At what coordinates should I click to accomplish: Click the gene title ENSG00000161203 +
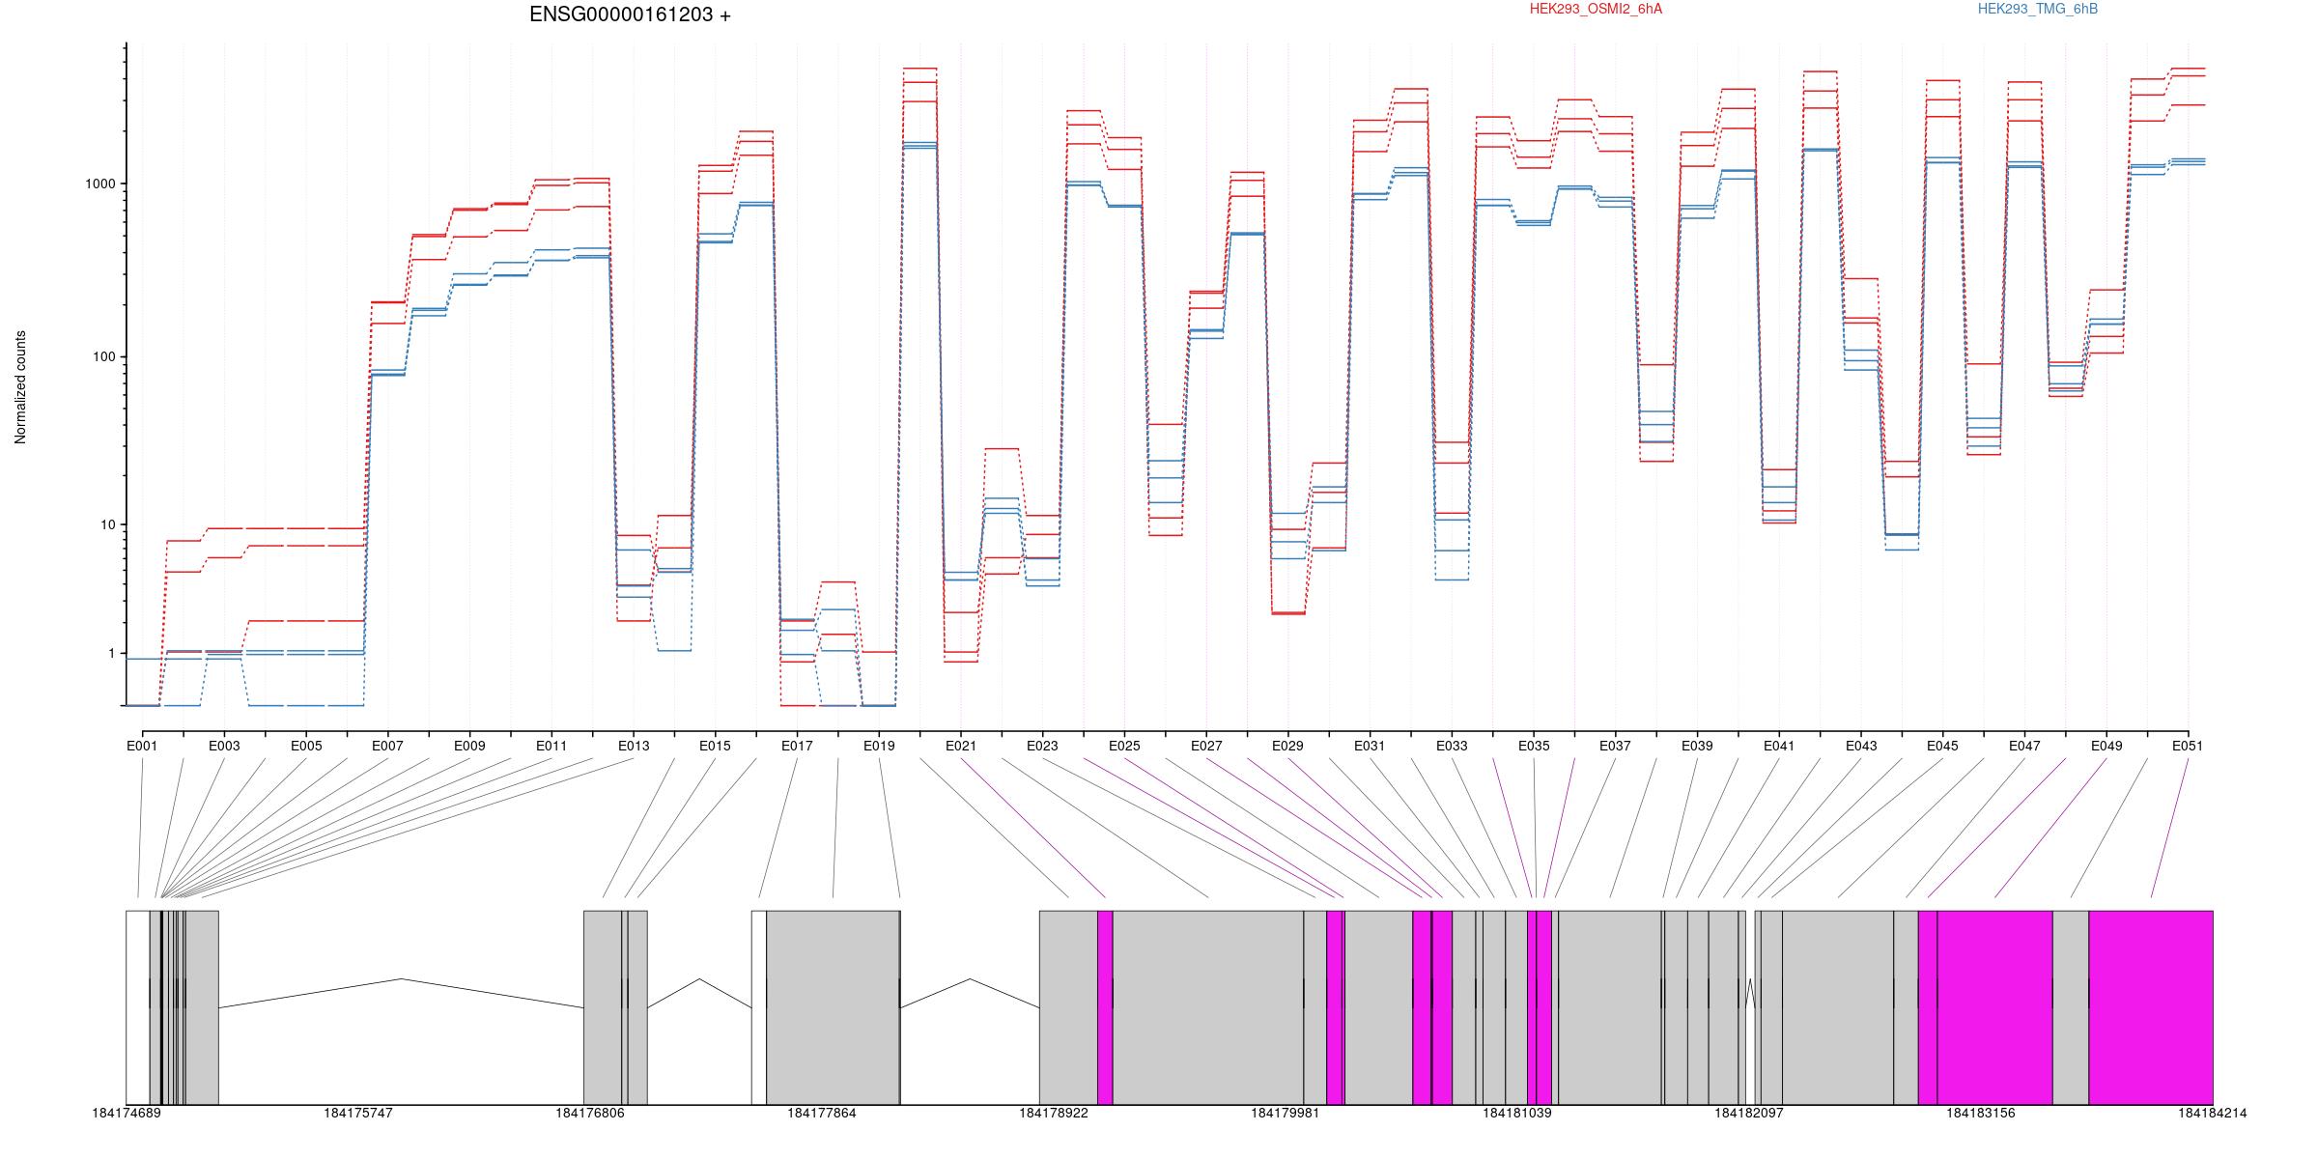630,15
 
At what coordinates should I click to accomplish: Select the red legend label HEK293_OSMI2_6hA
1596,10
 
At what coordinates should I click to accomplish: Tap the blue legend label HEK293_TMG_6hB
2037,10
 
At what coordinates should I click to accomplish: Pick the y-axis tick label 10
107,524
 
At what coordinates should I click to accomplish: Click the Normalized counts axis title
20,387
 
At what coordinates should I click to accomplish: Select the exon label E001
142,746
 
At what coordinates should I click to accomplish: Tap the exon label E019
879,746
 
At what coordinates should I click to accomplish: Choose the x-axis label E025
1124,746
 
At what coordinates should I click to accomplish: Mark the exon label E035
1534,746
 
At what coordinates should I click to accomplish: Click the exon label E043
1861,746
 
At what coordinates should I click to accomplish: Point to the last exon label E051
2189,746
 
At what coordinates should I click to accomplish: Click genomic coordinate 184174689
127,1114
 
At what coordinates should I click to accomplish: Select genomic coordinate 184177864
822,1114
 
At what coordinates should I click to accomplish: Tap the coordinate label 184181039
1517,1114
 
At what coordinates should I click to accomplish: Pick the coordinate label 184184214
2213,1114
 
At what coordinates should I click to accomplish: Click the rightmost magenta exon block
2151,1007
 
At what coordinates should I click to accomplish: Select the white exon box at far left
138,1007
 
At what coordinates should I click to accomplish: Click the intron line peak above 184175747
401,979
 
